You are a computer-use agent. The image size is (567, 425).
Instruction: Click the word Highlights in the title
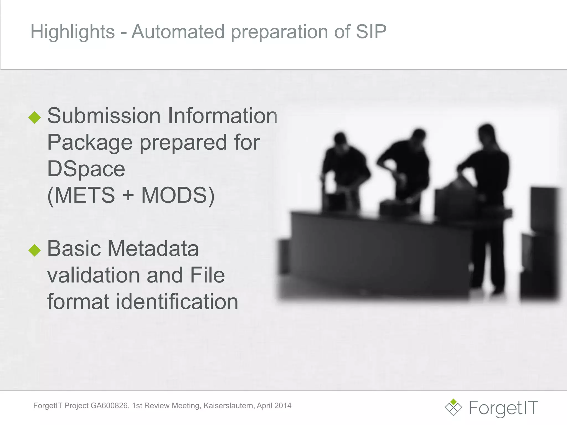click(72, 32)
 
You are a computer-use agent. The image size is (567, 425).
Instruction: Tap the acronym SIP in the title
click(371, 32)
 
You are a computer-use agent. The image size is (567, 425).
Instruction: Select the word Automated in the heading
click(178, 32)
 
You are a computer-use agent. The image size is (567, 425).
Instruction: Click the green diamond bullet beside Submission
click(35, 117)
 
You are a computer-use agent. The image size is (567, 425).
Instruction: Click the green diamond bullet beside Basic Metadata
click(35, 250)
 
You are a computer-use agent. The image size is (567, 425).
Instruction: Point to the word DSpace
click(86, 169)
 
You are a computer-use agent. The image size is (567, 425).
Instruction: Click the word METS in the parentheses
click(85, 195)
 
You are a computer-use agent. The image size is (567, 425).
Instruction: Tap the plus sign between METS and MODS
click(128, 195)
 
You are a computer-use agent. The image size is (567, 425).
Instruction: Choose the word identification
click(177, 302)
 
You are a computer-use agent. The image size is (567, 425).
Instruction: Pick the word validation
click(93, 275)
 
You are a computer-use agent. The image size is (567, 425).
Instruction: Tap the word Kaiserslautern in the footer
click(229, 406)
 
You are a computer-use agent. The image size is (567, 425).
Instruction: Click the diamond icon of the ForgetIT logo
click(453, 407)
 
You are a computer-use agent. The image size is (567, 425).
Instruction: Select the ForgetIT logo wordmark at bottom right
click(503, 408)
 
